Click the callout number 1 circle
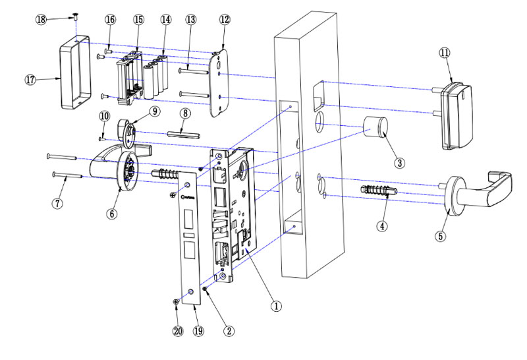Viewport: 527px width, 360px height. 277,306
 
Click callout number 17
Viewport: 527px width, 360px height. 30,79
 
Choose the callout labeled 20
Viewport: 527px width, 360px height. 177,332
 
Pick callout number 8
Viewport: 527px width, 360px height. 186,113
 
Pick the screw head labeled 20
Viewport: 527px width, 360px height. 175,301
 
